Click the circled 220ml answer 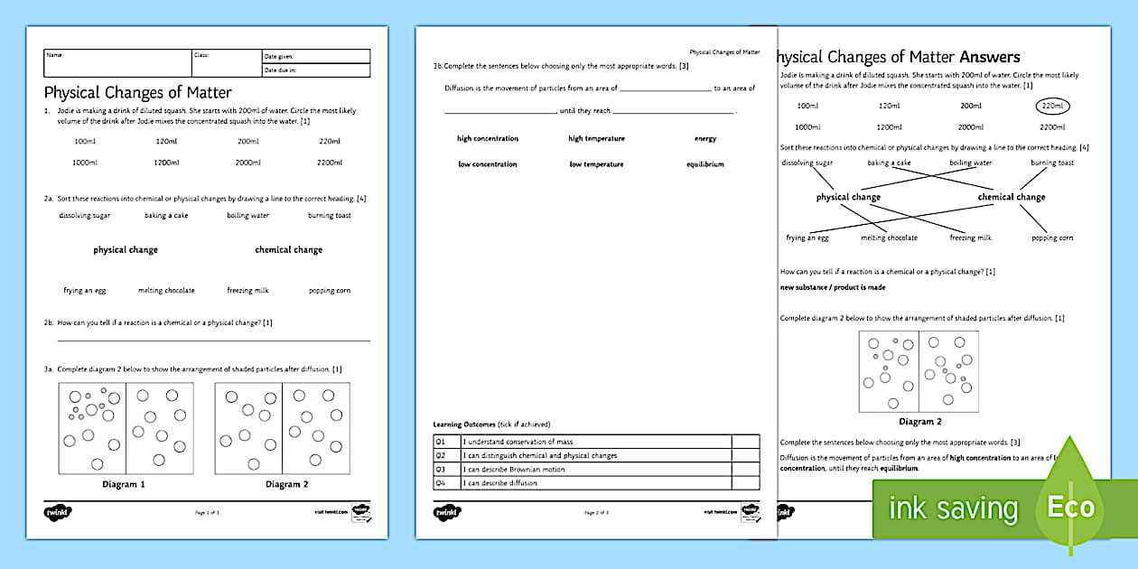pos(1051,106)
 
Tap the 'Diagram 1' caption pos(125,484)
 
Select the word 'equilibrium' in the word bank pos(705,164)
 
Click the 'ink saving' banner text pos(954,508)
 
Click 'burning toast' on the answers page pos(1052,163)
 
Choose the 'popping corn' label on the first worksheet pos(330,291)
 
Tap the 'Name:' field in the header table pos(117,56)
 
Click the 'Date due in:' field pos(315,70)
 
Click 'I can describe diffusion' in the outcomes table pos(500,483)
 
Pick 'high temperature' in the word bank pos(596,139)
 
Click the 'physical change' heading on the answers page pos(848,197)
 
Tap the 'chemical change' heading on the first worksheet pos(288,250)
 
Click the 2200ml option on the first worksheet pos(330,163)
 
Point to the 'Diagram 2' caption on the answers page pos(920,422)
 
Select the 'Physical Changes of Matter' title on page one pos(138,92)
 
